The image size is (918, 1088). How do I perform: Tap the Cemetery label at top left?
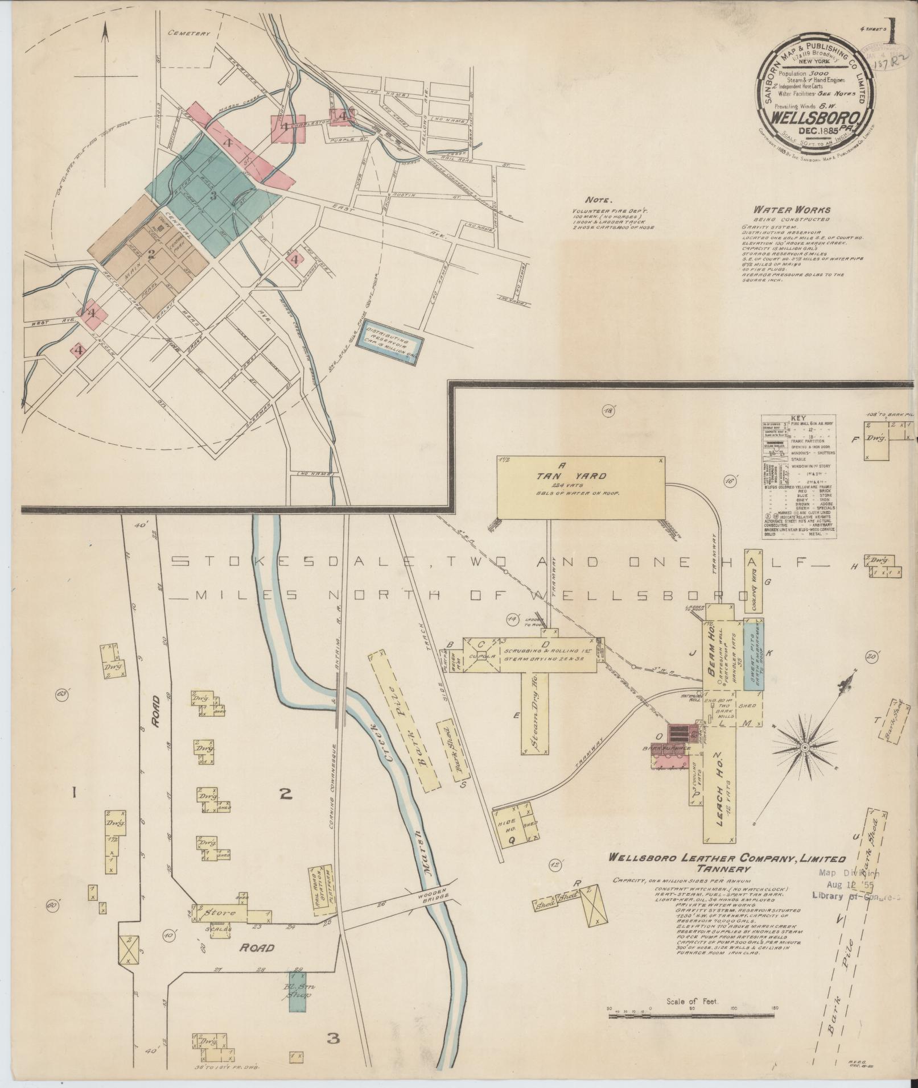(189, 34)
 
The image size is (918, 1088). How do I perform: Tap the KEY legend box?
(799, 477)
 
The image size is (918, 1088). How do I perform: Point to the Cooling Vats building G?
(754, 581)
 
